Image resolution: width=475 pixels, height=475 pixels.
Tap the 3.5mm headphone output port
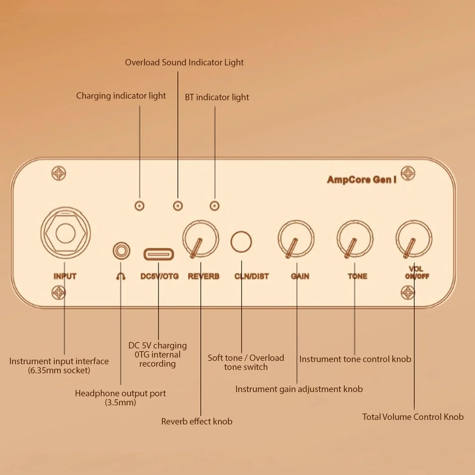point(121,251)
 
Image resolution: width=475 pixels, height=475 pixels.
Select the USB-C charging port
point(159,254)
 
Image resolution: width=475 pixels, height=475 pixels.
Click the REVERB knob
point(200,239)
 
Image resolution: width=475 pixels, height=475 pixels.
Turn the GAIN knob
point(296,239)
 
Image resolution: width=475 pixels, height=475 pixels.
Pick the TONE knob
point(355,239)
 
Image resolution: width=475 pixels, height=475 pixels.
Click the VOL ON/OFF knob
point(414,239)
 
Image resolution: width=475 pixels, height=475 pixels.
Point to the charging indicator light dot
point(139,206)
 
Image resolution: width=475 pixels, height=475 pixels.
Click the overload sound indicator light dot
point(178,206)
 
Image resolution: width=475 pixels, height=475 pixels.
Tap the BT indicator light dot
point(215,206)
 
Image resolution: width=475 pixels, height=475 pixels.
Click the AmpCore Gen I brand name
point(362,180)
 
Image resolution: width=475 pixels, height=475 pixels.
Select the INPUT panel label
point(65,276)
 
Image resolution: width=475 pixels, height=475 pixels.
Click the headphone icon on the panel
point(121,276)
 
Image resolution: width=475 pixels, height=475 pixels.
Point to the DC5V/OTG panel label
point(160,276)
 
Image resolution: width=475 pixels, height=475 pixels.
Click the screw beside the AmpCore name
point(408,173)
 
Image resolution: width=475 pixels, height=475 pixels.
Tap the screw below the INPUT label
point(59,293)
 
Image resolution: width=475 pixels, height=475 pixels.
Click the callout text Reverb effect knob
point(197,421)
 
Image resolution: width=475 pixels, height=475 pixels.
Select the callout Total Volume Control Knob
point(413,417)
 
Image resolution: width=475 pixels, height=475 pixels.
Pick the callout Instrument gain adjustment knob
point(299,389)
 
